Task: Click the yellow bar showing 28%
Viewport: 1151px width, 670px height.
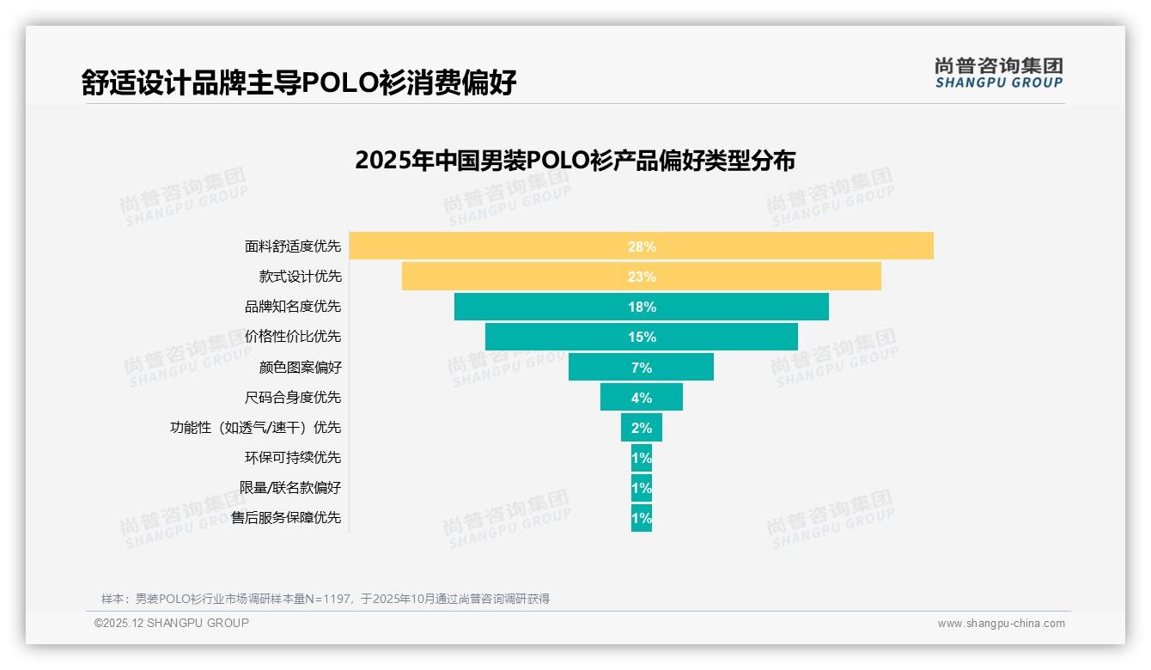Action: tap(641, 246)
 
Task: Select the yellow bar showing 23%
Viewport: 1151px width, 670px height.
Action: tap(641, 277)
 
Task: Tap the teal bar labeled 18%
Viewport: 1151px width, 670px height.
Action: tap(641, 307)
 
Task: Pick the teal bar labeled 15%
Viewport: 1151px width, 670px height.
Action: tap(641, 337)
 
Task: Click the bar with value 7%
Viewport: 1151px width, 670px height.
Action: tap(641, 367)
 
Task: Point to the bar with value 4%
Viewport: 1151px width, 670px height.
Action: tap(641, 397)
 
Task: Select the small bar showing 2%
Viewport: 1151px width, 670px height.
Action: tap(641, 427)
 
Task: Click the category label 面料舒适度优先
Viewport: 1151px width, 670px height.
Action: tap(293, 247)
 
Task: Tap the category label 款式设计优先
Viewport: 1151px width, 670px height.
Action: tap(300, 277)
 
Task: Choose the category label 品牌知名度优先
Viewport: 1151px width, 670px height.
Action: tap(293, 307)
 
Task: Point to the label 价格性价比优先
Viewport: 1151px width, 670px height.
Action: tap(293, 337)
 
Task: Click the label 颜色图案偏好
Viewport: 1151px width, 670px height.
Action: tap(300, 367)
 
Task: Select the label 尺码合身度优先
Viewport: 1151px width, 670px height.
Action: tap(293, 397)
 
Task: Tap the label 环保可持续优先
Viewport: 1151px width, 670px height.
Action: tap(293, 457)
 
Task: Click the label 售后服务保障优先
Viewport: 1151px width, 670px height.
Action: tap(286, 517)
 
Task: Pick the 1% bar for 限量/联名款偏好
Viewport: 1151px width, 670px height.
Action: tap(641, 488)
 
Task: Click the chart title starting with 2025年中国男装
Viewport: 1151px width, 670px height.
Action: tap(575, 161)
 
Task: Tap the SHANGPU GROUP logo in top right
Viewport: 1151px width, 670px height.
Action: tap(998, 73)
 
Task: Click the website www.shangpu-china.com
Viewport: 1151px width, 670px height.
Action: tap(1001, 624)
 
